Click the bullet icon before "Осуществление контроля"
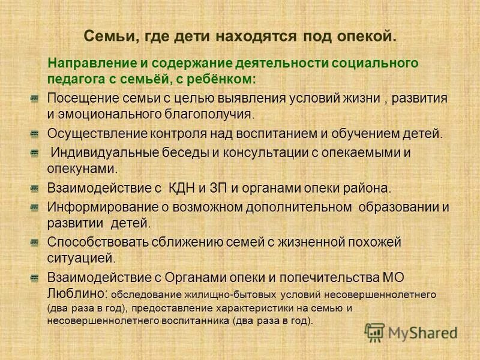coord(35,133)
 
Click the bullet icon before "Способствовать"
coord(35,242)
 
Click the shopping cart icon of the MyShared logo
coord(375,332)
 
